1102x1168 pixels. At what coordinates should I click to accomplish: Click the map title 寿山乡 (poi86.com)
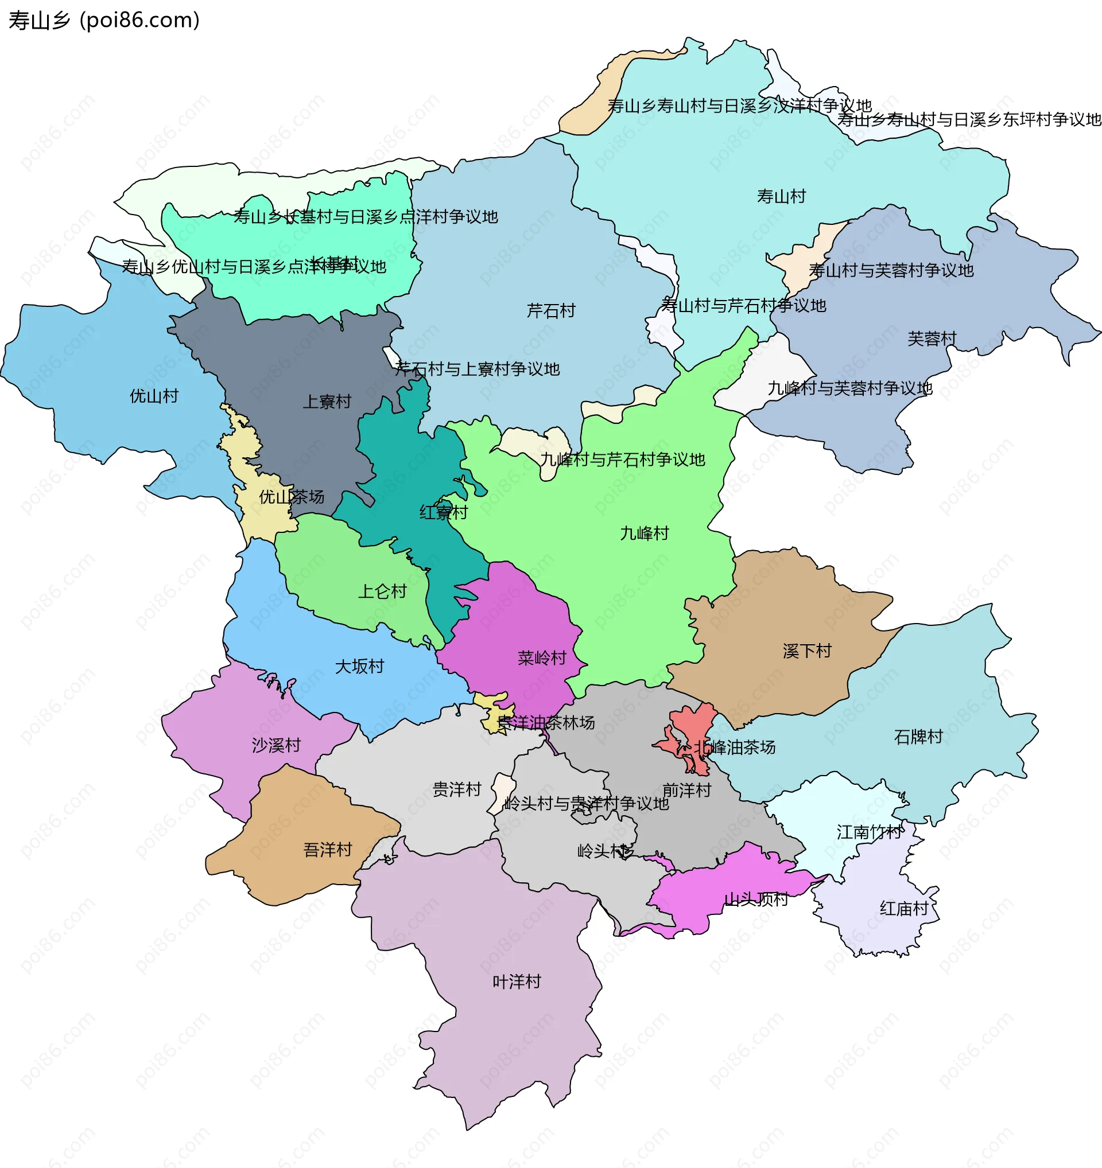[104, 21]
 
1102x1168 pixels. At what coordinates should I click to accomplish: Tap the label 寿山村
[781, 196]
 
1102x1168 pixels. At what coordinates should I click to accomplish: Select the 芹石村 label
[550, 310]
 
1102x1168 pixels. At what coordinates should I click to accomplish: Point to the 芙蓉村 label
[931, 338]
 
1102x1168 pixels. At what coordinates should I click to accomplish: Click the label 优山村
[153, 395]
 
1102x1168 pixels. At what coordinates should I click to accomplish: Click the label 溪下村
[806, 651]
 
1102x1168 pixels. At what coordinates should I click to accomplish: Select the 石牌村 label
[917, 736]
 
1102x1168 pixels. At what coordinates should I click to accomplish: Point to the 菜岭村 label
[541, 657]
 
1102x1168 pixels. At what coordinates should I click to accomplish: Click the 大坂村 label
[359, 665]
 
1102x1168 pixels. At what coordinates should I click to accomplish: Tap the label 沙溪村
[275, 745]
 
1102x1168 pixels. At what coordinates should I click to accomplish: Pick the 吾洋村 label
[327, 849]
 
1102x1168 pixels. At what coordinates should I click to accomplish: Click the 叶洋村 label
[516, 981]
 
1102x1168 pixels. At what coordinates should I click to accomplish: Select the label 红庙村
[903, 908]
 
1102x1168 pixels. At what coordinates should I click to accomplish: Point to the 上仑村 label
[382, 591]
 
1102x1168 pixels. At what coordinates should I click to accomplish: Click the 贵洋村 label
[456, 789]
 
